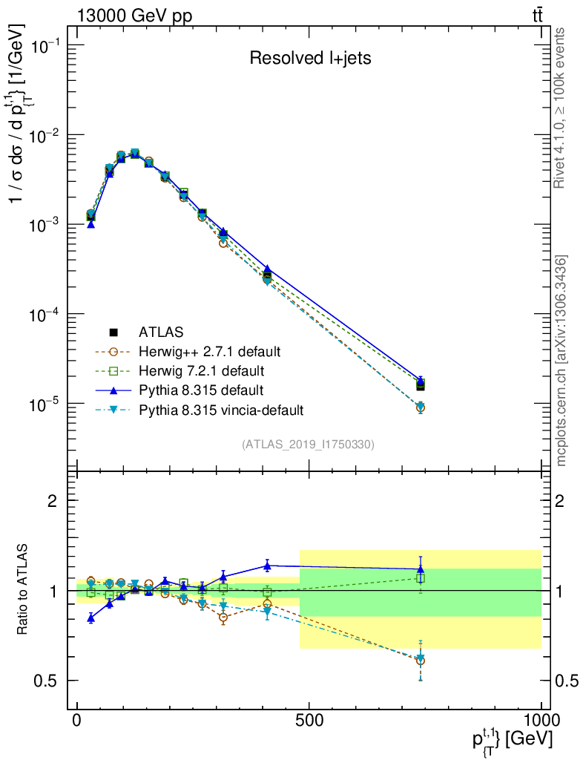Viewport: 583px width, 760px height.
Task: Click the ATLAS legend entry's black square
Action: click(x=113, y=332)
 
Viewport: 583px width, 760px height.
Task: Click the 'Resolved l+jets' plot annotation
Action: click(x=309, y=59)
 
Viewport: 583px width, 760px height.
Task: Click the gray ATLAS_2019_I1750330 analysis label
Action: click(x=308, y=445)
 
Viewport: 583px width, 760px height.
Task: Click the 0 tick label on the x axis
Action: click(x=77, y=722)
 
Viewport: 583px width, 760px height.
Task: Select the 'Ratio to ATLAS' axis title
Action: click(x=23, y=590)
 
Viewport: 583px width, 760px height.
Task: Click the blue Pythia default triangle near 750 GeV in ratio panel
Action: click(x=420, y=569)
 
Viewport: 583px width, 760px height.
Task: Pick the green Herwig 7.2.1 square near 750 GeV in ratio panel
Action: click(x=420, y=578)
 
